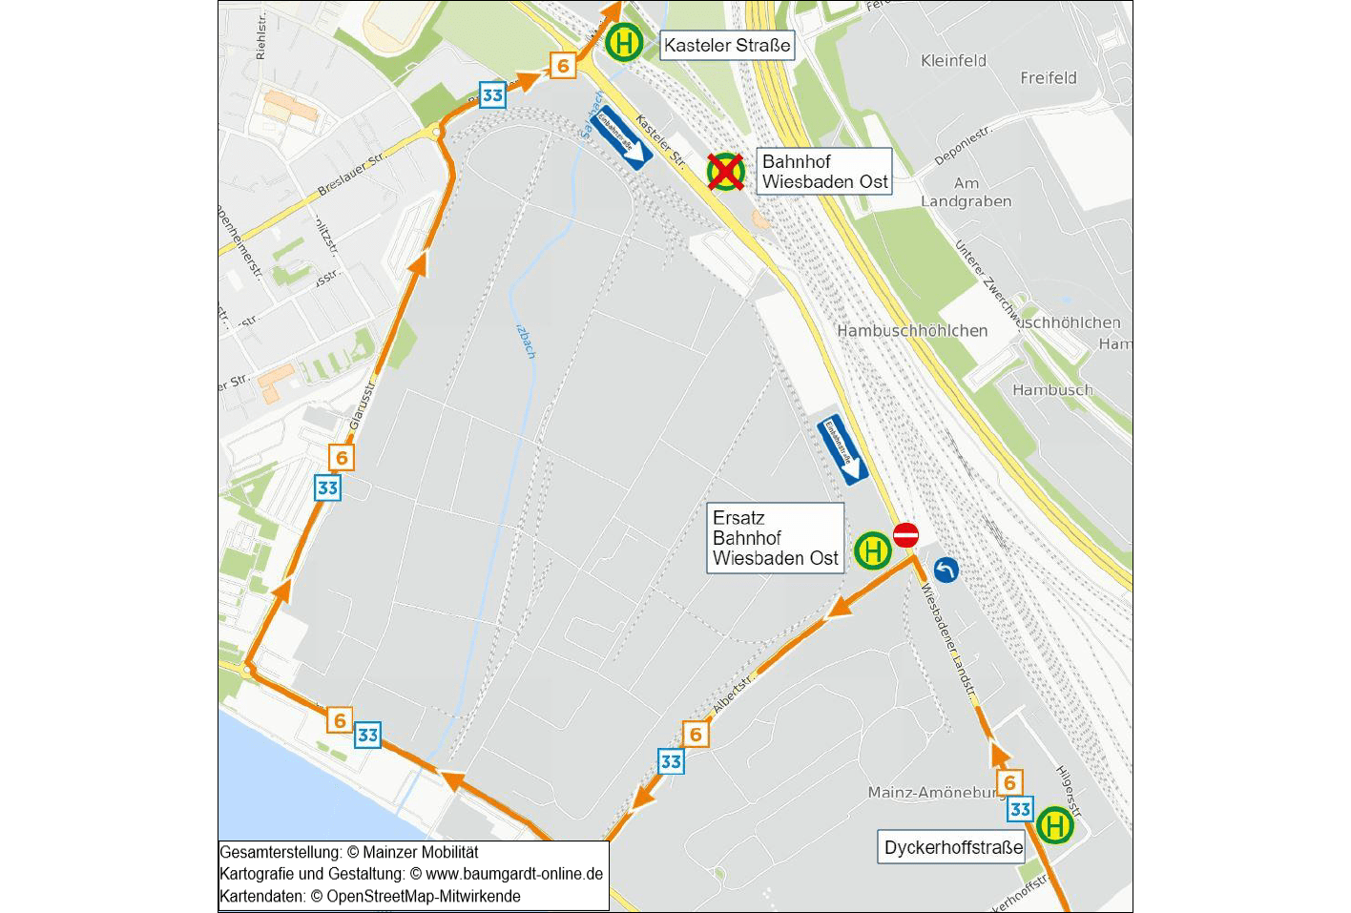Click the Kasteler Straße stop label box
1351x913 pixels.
(x=727, y=45)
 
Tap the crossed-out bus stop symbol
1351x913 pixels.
(x=726, y=172)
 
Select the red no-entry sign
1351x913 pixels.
(x=905, y=535)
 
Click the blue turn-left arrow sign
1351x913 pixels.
(x=946, y=571)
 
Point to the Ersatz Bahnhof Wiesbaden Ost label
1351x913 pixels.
(x=775, y=538)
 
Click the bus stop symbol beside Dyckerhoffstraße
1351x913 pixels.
(x=1055, y=825)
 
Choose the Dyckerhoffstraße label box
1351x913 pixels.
(x=952, y=847)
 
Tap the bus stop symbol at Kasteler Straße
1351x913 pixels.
(x=624, y=43)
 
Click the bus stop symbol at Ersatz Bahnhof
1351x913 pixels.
(x=872, y=550)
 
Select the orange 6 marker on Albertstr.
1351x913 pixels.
(x=696, y=734)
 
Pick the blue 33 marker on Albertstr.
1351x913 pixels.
(x=671, y=761)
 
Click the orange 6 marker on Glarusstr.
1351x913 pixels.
(x=342, y=457)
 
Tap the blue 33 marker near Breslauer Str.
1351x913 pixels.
(x=492, y=94)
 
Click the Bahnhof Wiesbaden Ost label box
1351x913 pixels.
(x=824, y=172)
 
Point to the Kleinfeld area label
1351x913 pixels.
(x=953, y=61)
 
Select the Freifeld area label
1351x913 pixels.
(x=1048, y=78)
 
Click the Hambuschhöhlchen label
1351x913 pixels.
(x=912, y=331)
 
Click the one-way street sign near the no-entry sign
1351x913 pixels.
(x=842, y=450)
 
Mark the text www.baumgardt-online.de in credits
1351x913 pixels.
(x=513, y=874)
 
